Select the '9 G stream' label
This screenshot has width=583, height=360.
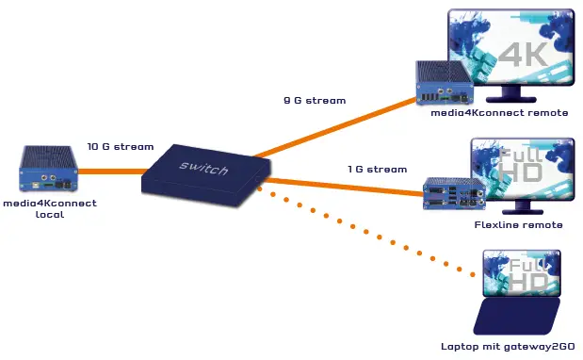(x=315, y=100)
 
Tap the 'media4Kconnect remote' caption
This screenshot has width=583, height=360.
(x=499, y=112)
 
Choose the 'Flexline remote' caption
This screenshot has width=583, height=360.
(x=518, y=225)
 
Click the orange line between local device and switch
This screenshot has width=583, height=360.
(x=108, y=172)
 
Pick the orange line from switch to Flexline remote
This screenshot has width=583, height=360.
(x=348, y=185)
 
